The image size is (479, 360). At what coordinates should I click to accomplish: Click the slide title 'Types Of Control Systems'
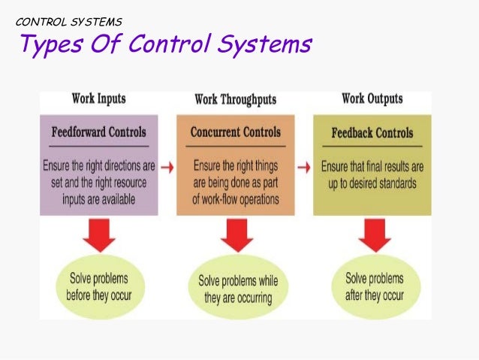tap(164, 45)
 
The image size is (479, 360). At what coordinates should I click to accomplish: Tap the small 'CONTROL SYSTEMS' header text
tap(68, 21)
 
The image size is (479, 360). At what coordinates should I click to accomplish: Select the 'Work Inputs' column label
tap(98, 98)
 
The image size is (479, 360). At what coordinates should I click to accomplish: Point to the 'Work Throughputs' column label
tap(235, 99)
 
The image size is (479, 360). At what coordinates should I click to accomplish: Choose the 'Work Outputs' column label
tap(372, 98)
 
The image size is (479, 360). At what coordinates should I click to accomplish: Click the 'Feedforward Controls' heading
tap(99, 133)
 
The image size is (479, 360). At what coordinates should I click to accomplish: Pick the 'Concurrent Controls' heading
tap(236, 132)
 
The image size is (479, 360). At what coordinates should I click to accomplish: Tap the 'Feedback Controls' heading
tap(372, 133)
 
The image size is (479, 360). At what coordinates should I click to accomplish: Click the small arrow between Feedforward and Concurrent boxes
tap(168, 165)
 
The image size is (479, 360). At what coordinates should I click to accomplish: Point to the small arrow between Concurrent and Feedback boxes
tap(305, 165)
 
